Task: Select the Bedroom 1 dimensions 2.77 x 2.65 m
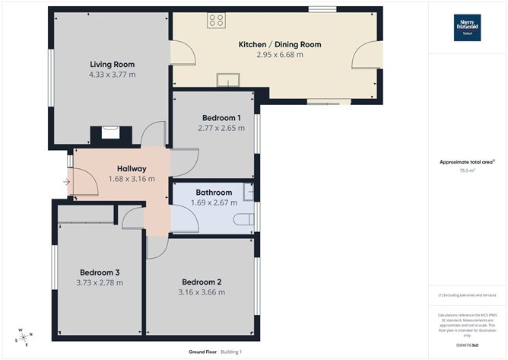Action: pos(221,129)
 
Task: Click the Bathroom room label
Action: pos(214,193)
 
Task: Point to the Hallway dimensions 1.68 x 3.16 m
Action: pos(131,180)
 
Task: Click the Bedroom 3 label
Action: pos(100,272)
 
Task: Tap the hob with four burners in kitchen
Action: pos(215,21)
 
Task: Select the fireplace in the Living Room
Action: pos(111,132)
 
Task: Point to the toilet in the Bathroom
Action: pos(243,220)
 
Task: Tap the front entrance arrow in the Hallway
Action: pos(67,182)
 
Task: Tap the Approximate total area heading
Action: pos(467,161)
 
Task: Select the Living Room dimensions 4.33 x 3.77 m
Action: pos(112,75)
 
